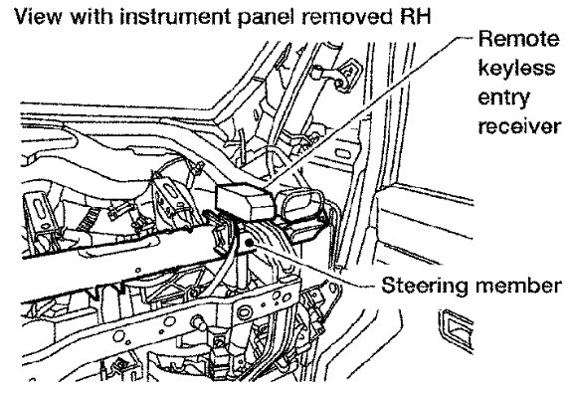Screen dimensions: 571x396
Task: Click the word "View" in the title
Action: pos(37,17)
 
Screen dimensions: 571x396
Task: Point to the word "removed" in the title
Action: pos(339,17)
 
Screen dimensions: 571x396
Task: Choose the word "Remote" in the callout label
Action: pos(519,38)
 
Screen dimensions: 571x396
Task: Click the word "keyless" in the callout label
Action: pos(516,69)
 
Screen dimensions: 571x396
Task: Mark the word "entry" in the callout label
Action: pos(503,99)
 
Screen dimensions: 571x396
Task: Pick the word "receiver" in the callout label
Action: pos(519,126)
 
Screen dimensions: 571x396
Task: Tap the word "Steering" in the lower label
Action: pos(424,286)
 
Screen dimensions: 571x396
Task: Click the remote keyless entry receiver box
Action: pos(245,202)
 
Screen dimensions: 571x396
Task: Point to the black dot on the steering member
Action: pos(249,243)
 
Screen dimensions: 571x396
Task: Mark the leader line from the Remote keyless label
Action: pos(370,112)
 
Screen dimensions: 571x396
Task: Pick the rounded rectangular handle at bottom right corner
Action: pos(457,330)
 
